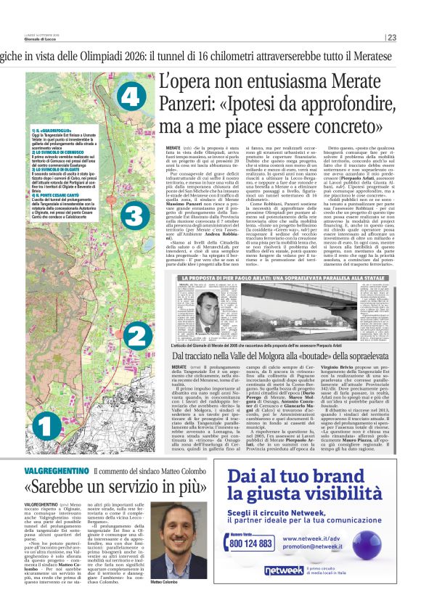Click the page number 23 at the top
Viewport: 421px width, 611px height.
(x=391, y=38)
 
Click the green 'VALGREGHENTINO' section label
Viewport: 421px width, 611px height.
(x=56, y=451)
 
